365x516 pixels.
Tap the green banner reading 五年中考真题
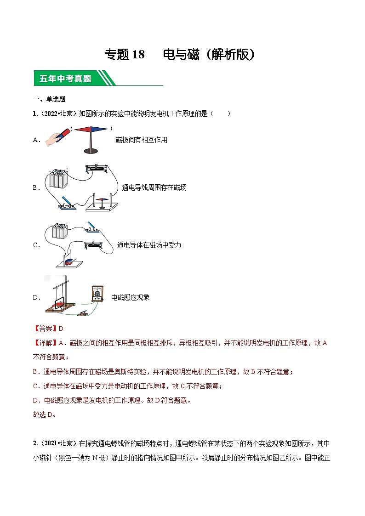click(65, 79)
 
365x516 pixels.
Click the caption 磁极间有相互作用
click(141, 140)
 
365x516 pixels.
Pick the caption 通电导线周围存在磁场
click(154, 187)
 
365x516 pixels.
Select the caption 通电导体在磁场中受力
click(149, 245)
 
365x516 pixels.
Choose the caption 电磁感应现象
click(131, 297)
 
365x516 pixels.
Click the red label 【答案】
click(46, 328)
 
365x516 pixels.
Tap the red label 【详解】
click(46, 343)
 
